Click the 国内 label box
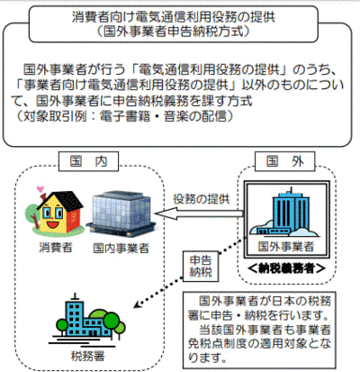tap(89, 161)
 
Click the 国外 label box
tap(284, 161)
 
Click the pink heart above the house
tap(40, 189)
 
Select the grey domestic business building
tap(121, 214)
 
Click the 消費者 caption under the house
tap(56, 248)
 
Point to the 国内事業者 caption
tap(121, 248)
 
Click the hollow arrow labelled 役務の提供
tap(199, 213)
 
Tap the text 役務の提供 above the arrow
tap(202, 199)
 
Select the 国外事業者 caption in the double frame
tap(286, 247)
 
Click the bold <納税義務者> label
tap(286, 268)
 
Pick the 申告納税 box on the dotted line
tap(201, 267)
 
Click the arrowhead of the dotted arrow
tap(137, 304)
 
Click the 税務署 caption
tap(88, 356)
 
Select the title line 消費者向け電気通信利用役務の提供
tap(174, 17)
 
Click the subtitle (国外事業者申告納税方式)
tap(174, 32)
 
